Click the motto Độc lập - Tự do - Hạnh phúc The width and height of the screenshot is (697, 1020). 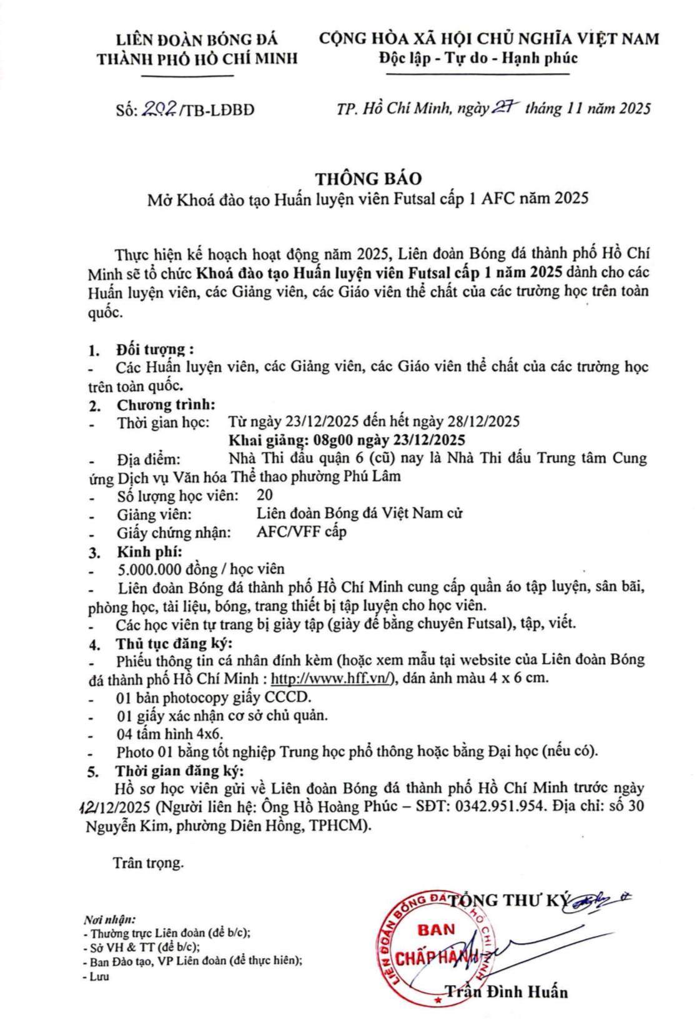[478, 58]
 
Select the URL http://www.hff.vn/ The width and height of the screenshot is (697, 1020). [340, 679]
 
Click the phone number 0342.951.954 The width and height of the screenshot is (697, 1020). [497, 805]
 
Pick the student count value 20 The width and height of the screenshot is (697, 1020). [264, 496]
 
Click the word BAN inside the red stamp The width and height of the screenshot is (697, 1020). [436, 929]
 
